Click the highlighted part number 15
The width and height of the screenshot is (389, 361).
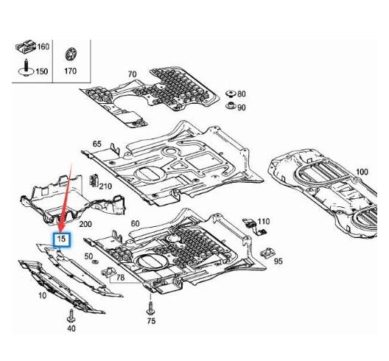click(x=63, y=239)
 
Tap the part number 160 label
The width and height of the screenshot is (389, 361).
click(x=43, y=47)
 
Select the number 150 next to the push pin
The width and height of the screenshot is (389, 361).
click(x=43, y=71)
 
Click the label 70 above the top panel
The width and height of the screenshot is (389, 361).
click(x=132, y=74)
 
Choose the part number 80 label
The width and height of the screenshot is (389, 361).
click(x=242, y=94)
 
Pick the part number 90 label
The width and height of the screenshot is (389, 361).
click(x=242, y=108)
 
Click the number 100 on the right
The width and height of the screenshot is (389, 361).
click(x=361, y=172)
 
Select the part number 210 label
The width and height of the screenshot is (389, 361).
click(x=105, y=186)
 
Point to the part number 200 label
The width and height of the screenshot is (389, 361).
click(x=85, y=223)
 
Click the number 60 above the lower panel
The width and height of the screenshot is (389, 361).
click(x=135, y=223)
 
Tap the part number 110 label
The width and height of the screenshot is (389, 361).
click(x=264, y=221)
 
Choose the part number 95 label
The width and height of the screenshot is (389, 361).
click(x=278, y=261)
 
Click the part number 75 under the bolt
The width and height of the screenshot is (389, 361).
click(x=151, y=321)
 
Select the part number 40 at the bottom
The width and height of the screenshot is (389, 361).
click(x=71, y=329)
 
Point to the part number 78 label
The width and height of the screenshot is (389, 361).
click(x=120, y=278)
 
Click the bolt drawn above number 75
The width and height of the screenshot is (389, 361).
click(x=151, y=306)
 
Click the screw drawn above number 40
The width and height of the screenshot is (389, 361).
click(x=71, y=314)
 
